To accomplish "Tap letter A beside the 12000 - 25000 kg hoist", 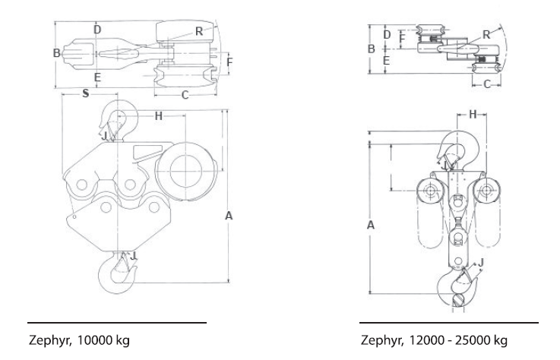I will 370,226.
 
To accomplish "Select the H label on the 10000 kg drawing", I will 159,115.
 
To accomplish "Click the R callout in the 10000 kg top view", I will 198,32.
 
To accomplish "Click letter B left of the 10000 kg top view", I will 56,52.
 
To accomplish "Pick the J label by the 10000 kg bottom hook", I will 134,257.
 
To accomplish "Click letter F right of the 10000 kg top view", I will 230,59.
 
